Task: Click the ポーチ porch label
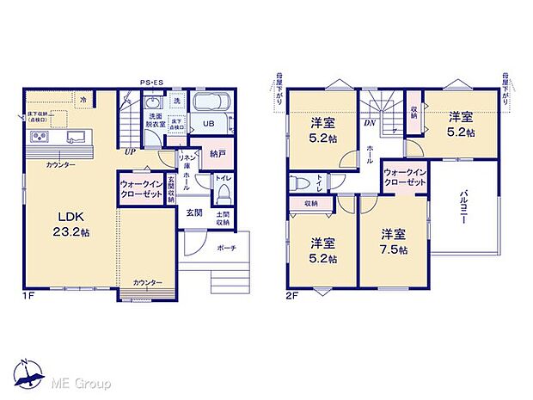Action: click(227, 248)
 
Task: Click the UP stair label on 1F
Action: click(129, 151)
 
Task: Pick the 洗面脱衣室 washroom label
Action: click(156, 120)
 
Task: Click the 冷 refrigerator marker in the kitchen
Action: click(83, 101)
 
